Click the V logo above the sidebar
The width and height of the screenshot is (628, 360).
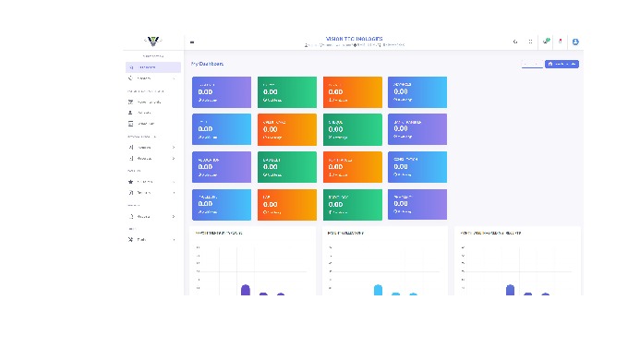[152, 41]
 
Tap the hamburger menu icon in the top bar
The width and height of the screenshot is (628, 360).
[192, 42]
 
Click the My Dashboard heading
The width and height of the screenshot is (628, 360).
[207, 64]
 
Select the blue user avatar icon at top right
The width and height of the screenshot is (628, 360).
[575, 42]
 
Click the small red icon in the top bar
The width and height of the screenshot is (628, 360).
[560, 41]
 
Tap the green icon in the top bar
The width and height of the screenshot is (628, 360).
[547, 41]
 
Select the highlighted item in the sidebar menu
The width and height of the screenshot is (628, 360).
[152, 67]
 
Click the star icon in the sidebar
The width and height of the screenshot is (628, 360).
[130, 182]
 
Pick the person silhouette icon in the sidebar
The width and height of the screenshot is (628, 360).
[130, 113]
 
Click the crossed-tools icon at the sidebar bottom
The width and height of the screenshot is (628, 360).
[130, 239]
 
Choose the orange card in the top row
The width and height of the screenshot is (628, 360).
[352, 91]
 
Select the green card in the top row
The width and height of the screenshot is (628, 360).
[286, 91]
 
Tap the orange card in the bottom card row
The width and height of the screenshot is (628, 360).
[286, 204]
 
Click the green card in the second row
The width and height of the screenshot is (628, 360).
[352, 129]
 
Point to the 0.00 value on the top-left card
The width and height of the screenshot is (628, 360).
[205, 91]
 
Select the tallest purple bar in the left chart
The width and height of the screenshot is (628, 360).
[246, 290]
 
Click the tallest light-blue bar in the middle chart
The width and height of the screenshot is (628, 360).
[378, 290]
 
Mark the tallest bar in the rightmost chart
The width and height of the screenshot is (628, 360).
[510, 290]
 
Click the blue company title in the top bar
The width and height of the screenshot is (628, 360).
[355, 39]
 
